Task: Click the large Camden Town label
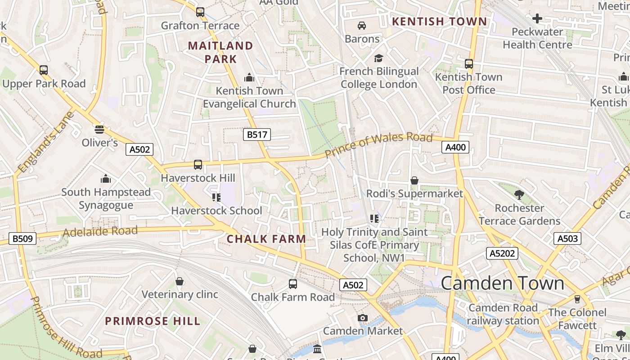pyautogui.click(x=502, y=283)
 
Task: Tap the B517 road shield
pyautogui.click(x=257, y=134)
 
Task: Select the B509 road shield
pyautogui.click(x=22, y=238)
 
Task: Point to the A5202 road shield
pyautogui.click(x=502, y=253)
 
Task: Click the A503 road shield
pyautogui.click(x=567, y=238)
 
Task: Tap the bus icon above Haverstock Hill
pyautogui.click(x=198, y=165)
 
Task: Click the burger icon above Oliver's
pyautogui.click(x=99, y=130)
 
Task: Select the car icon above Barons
pyautogui.click(x=362, y=25)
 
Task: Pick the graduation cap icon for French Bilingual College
pyautogui.click(x=378, y=58)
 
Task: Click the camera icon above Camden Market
pyautogui.click(x=363, y=318)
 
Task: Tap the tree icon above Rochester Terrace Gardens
pyautogui.click(x=519, y=195)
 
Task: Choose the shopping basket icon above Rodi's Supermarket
pyautogui.click(x=414, y=180)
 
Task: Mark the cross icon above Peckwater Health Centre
pyautogui.click(x=537, y=18)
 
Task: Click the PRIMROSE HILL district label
pyautogui.click(x=153, y=321)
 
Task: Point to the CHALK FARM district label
pyautogui.click(x=266, y=239)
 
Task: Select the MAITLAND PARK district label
pyautogui.click(x=220, y=52)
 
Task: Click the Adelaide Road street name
pyautogui.click(x=100, y=232)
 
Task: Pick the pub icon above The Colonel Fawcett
pyautogui.click(x=577, y=299)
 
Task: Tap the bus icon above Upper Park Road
pyautogui.click(x=44, y=70)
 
